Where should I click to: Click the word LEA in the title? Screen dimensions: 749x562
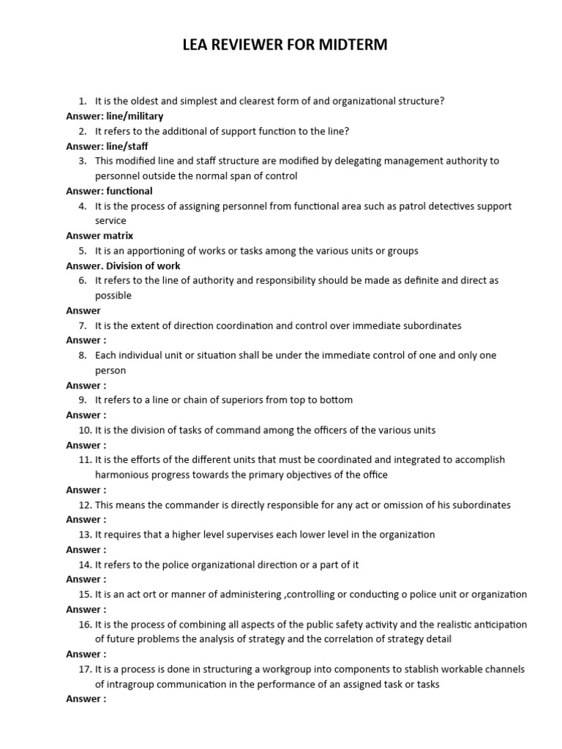point(196,45)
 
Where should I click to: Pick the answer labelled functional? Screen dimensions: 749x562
point(130,191)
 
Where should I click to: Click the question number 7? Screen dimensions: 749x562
point(83,325)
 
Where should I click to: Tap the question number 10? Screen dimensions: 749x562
point(85,430)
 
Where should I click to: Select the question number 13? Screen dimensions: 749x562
point(85,535)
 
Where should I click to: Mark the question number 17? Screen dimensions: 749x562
point(85,669)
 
